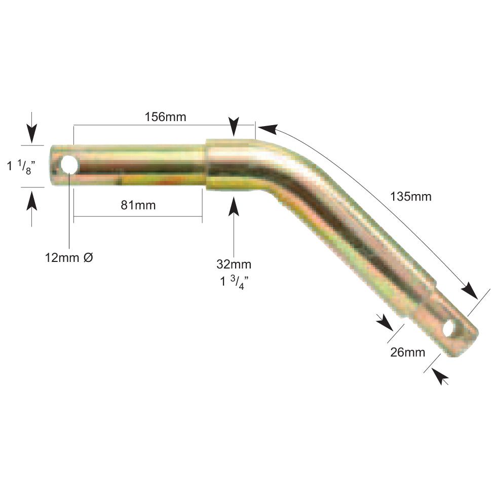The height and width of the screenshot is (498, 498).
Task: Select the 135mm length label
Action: [x=411, y=196]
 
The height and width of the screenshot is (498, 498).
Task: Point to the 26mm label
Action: [x=408, y=352]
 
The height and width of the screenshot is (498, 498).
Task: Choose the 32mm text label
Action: [x=234, y=264]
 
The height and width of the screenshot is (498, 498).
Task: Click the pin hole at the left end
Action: [x=69, y=165]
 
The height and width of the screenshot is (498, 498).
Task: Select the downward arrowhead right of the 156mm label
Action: [x=234, y=127]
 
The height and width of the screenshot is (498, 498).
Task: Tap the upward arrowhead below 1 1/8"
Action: [x=32, y=202]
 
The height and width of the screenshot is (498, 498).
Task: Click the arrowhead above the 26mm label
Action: [x=386, y=322]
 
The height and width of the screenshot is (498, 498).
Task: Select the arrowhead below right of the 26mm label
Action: [x=441, y=377]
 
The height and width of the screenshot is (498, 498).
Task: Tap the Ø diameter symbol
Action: [x=88, y=257]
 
